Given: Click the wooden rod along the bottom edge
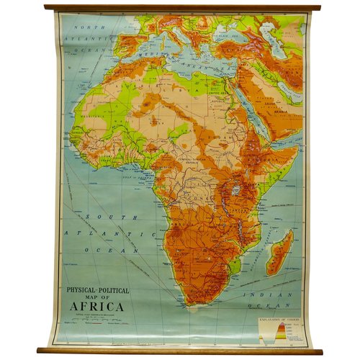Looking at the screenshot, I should click(x=180, y=351).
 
